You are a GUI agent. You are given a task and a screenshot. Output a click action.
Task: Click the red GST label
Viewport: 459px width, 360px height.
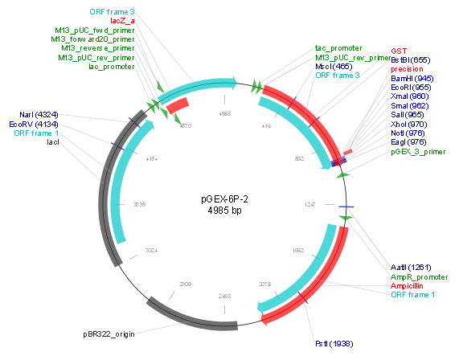pyautogui.click(x=399, y=50)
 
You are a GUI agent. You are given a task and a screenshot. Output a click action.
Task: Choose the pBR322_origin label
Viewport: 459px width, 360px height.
pyautogui.click(x=108, y=331)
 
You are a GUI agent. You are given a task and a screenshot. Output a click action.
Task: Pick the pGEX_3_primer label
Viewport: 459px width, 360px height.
pyautogui.click(x=417, y=150)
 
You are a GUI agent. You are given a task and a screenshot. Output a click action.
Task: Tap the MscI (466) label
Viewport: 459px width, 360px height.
pyautogui.click(x=333, y=67)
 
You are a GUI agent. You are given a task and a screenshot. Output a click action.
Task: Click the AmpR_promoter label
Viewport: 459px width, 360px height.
pyautogui.click(x=417, y=276)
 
